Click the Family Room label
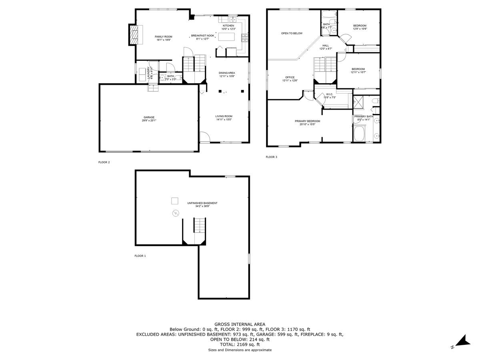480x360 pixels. coord(163,36)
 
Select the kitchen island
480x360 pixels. coord(226,37)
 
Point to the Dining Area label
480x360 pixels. coord(226,73)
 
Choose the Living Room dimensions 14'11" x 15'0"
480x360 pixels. coord(224,119)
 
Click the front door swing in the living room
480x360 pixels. coord(204,137)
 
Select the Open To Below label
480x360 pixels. coord(292,33)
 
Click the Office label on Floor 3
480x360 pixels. coord(290,77)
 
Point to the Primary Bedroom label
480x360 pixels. coord(307,121)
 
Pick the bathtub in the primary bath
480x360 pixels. coord(358,134)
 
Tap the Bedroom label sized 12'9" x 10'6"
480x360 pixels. coord(360,26)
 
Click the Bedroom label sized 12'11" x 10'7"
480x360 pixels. coord(358,69)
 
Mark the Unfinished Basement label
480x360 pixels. coord(202,203)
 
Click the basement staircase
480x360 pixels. coord(199,226)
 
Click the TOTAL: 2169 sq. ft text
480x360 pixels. coord(240,344)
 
